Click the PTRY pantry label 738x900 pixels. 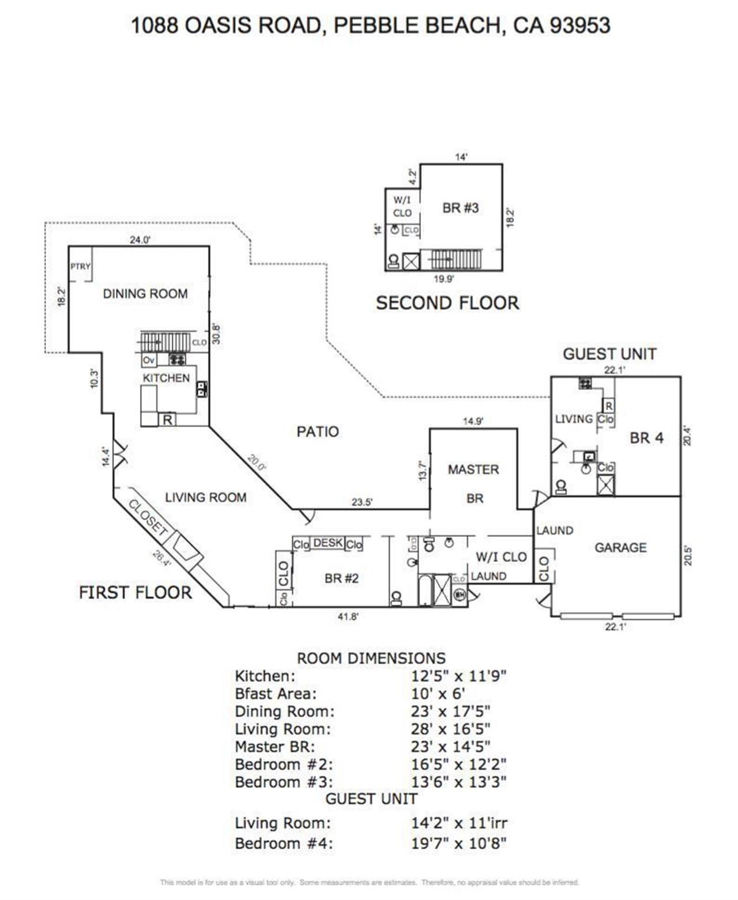80,266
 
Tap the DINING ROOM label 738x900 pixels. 145,294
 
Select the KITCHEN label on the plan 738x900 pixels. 166,378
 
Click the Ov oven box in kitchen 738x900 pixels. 149,360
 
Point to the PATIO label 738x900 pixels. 318,432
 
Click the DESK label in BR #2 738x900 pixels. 327,543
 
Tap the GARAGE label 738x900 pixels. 620,547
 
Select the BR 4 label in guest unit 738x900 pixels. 646,438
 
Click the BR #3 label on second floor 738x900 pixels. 460,208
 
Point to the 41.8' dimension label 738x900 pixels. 348,617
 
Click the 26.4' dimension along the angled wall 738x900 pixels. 162,559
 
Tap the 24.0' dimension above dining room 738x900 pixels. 140,240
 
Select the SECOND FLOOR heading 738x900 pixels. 447,303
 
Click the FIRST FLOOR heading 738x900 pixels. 135,592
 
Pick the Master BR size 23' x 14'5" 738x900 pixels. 450,747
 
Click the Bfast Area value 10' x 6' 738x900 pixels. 438,694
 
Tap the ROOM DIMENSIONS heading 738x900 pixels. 371,658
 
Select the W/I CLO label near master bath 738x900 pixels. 501,557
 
